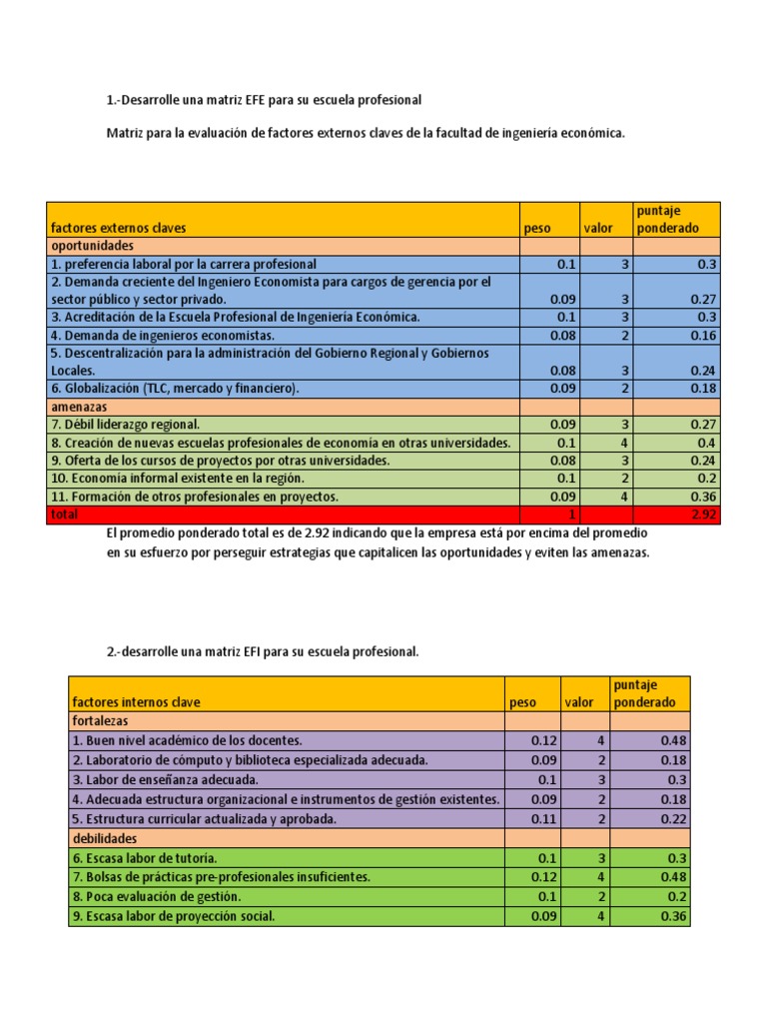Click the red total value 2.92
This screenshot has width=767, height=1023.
click(703, 515)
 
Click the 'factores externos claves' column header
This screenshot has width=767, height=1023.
click(118, 228)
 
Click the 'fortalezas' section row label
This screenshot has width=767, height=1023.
click(101, 720)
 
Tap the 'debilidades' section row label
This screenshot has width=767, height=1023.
click(105, 838)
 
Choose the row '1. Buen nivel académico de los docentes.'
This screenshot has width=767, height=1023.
click(187, 740)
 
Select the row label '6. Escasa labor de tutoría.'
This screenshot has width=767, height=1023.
click(145, 858)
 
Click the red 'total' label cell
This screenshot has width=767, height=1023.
click(63, 515)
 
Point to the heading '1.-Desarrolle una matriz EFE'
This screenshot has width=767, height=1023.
click(264, 100)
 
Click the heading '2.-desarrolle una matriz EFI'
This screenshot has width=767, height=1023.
click(263, 651)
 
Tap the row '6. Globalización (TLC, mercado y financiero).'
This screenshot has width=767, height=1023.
click(174, 389)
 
